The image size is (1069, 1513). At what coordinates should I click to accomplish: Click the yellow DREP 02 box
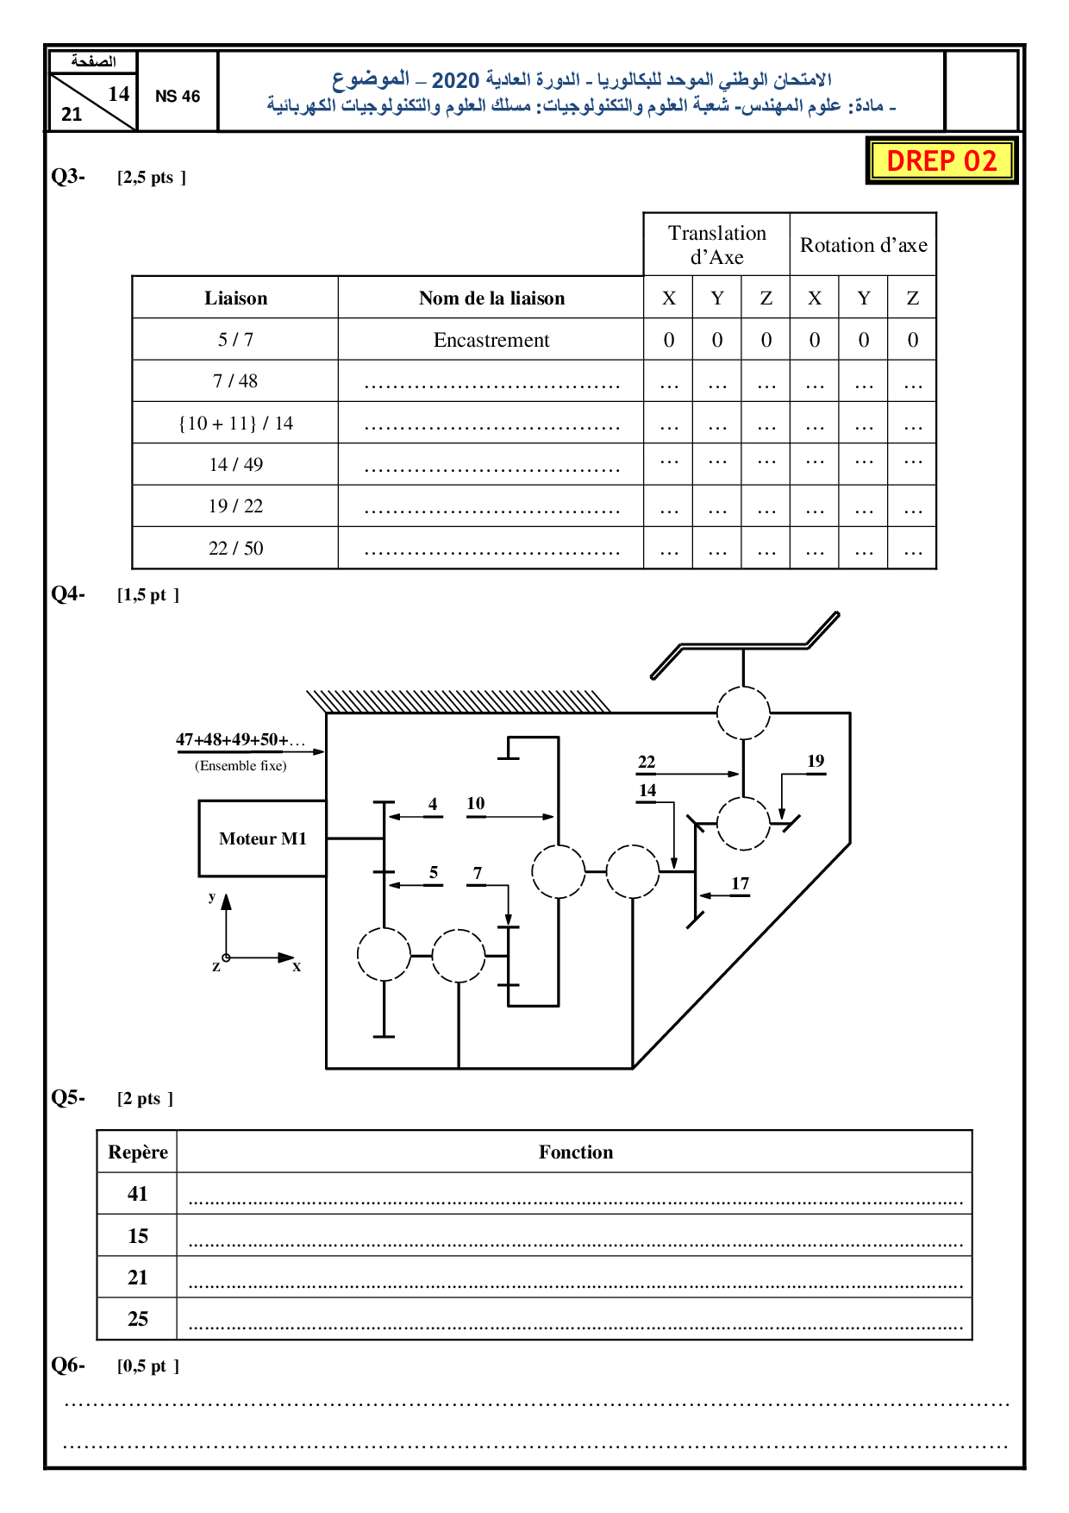point(941,160)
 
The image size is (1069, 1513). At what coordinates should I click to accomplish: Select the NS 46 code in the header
point(178,97)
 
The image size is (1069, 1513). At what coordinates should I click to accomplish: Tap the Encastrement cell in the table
point(491,340)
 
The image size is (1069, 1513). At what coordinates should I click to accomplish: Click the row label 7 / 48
point(235,381)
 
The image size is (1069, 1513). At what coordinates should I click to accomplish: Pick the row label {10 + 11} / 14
point(235,424)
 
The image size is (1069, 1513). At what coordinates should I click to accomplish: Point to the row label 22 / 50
point(235,549)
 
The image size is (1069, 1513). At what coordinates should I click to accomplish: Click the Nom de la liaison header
point(491,298)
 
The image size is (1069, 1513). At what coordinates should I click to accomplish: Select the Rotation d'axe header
point(863,245)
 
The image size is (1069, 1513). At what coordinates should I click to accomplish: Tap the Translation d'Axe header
point(716,245)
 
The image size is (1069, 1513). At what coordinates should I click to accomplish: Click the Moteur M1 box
point(262,838)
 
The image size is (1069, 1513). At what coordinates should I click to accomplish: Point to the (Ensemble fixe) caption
point(241,766)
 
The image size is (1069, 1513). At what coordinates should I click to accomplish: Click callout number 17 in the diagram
point(740,883)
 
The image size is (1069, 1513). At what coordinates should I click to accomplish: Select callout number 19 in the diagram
point(816,761)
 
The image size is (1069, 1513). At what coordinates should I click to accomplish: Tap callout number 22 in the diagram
point(647,762)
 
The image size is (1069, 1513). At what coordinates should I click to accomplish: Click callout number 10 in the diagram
point(476,803)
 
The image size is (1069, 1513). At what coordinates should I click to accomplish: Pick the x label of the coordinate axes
point(297,967)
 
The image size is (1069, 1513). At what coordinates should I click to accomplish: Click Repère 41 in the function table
point(138,1194)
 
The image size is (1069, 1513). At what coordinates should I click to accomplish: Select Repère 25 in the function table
point(138,1319)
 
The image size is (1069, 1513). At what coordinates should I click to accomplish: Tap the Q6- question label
point(68,1365)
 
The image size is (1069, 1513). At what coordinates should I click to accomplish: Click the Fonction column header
point(576,1152)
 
